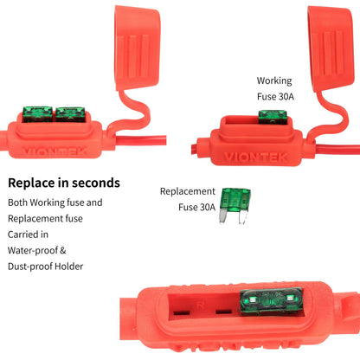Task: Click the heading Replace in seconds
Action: tap(64, 183)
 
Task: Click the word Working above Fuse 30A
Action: tap(274, 80)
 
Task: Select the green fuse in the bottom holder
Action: tap(273, 304)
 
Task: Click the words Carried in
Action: tap(29, 234)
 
